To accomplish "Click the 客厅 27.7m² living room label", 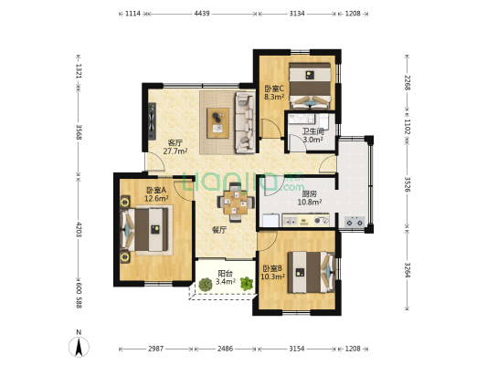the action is (175, 147).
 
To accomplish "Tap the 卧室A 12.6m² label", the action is (157, 193).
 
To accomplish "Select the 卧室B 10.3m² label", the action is (272, 272).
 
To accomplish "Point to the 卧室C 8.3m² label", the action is (274, 93).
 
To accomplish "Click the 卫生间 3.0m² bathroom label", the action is (313, 136).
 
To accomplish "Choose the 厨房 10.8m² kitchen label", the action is (310, 198).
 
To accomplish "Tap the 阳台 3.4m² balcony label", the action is (225, 277).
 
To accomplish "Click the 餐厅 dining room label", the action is (219, 230).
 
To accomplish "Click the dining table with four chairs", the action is (236, 203).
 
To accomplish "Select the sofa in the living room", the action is (246, 122).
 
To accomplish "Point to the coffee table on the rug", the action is (218, 123).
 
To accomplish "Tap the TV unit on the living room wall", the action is (152, 121).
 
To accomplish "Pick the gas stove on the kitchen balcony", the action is (355, 222).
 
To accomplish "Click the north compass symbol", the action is (79, 346).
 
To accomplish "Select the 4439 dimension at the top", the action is (202, 14).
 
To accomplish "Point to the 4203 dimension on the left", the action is (79, 230).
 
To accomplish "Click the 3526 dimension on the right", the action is (408, 184).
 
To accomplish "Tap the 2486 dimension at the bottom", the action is (225, 349).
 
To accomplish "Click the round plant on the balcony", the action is (206, 285).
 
